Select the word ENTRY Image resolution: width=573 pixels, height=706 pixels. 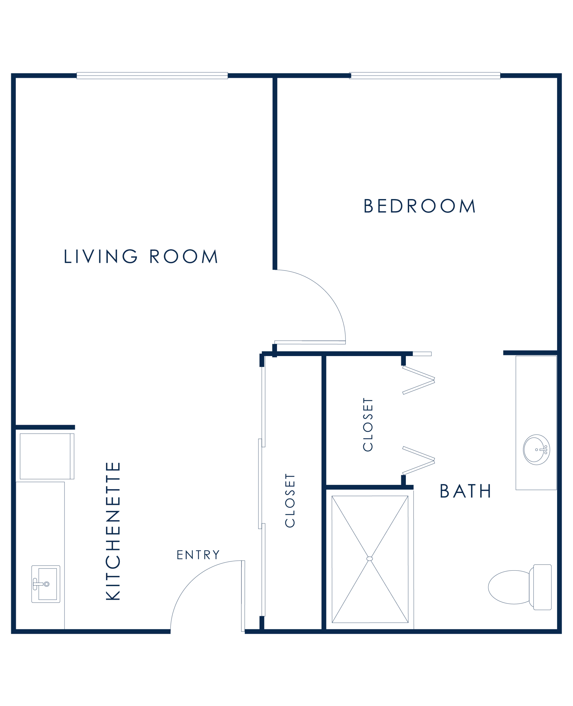198,555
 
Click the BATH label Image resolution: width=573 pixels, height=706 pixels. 466,491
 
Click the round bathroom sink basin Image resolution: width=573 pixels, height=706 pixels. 536,450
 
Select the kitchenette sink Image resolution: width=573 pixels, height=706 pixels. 46,584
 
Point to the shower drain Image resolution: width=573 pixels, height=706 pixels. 370,558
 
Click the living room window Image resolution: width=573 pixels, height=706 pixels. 152,76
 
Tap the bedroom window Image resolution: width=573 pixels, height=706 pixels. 425,76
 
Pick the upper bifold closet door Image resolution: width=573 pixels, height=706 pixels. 419,380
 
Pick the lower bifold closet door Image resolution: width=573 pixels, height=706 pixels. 419,461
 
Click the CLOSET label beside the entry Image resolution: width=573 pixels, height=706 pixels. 290,501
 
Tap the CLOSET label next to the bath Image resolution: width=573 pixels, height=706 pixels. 368,424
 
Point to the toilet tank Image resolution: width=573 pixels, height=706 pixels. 542,587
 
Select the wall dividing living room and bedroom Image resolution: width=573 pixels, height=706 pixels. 274,173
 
